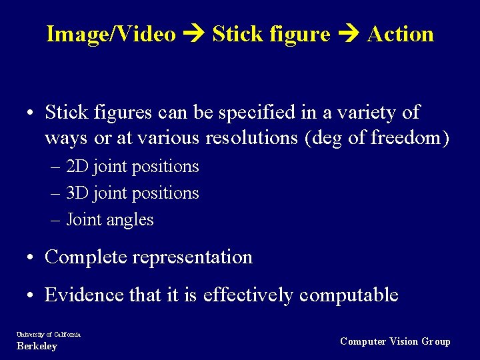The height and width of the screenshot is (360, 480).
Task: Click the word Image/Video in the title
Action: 111,34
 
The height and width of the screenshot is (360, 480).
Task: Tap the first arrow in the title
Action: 194,34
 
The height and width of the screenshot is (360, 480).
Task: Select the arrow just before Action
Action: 349,34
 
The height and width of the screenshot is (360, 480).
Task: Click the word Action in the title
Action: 400,34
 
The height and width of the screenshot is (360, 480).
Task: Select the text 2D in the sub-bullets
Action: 79,167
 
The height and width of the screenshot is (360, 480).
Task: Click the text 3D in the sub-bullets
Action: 79,193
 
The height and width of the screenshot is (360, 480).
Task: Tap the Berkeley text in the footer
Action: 37,346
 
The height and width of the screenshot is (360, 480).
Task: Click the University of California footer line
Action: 47,334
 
